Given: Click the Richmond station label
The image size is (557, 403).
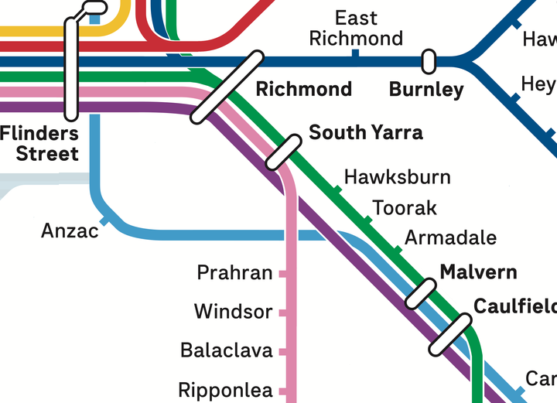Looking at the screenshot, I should (x=303, y=89).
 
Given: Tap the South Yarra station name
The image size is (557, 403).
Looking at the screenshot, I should (x=366, y=132).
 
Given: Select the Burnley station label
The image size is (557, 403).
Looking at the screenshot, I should (x=426, y=89).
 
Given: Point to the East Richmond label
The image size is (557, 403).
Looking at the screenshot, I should (x=356, y=29).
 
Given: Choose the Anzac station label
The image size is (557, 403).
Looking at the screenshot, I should (x=70, y=231).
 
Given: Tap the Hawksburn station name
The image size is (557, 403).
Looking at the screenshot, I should (x=397, y=177).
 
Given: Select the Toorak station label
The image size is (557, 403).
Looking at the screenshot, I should (x=405, y=208).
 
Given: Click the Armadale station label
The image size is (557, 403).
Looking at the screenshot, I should (x=450, y=237).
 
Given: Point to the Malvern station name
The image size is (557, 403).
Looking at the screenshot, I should (x=478, y=272).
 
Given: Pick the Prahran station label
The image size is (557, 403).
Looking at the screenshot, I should (x=234, y=273).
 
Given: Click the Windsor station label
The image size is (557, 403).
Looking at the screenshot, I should (x=233, y=312).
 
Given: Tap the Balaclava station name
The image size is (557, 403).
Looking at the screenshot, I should (x=227, y=350).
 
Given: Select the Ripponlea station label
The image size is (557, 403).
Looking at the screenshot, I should (x=225, y=390).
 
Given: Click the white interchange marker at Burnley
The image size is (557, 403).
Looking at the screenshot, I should (x=428, y=60).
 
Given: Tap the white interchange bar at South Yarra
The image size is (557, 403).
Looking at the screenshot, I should (x=283, y=152).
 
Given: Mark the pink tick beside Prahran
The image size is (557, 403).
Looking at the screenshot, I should (x=283, y=274).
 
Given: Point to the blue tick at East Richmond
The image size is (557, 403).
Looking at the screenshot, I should (x=355, y=53).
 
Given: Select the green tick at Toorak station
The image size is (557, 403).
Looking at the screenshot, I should (x=367, y=220).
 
